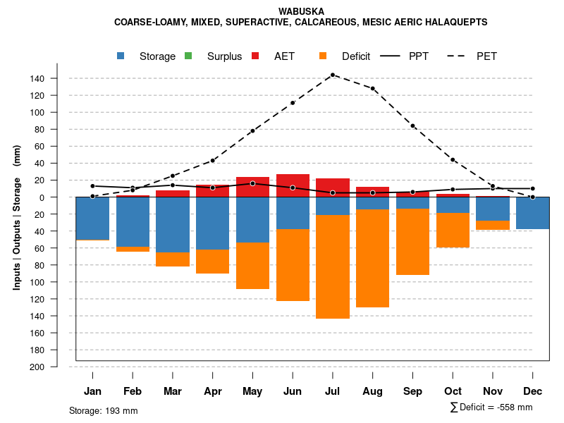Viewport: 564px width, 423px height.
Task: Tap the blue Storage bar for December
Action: coord(533,213)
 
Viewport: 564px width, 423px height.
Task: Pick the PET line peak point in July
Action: coord(333,75)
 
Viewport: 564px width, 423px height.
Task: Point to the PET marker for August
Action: coord(373,89)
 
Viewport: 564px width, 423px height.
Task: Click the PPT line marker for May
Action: coord(252,183)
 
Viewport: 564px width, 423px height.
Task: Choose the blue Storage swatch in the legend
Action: coord(121,56)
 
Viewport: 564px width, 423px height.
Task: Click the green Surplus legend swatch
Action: coord(188,56)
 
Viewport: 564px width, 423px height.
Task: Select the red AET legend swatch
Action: coord(256,56)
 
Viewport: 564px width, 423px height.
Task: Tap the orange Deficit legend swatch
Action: coord(323,56)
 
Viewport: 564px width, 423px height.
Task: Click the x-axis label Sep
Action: coord(413,391)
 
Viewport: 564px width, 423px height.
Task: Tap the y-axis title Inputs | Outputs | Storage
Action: coord(17,217)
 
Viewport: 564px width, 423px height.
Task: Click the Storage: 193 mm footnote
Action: coord(103,410)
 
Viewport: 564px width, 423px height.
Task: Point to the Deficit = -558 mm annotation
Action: coord(491,407)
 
